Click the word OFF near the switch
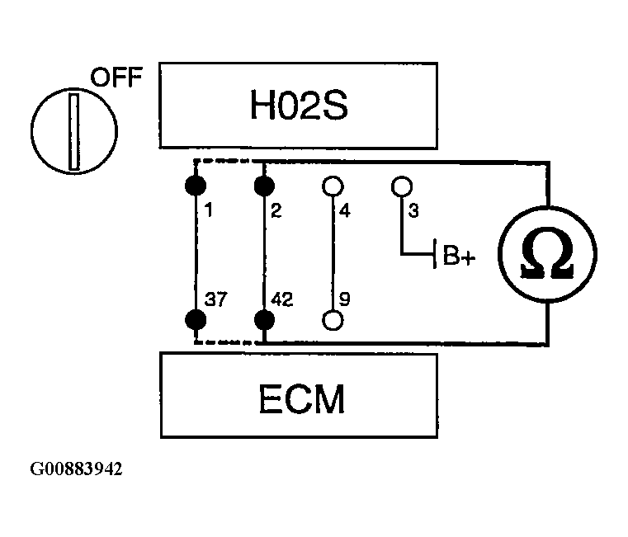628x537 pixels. coord(116,80)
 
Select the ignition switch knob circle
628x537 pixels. coord(73,131)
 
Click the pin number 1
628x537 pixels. coord(209,211)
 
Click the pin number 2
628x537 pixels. coord(276,211)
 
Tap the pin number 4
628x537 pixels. coord(345,211)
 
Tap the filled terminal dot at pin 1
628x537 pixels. coord(195,184)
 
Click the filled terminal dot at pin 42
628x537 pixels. coord(263,319)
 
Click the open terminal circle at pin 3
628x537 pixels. coord(401,186)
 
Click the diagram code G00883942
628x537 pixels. coord(77,469)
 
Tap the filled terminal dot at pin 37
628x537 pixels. coord(195,319)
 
